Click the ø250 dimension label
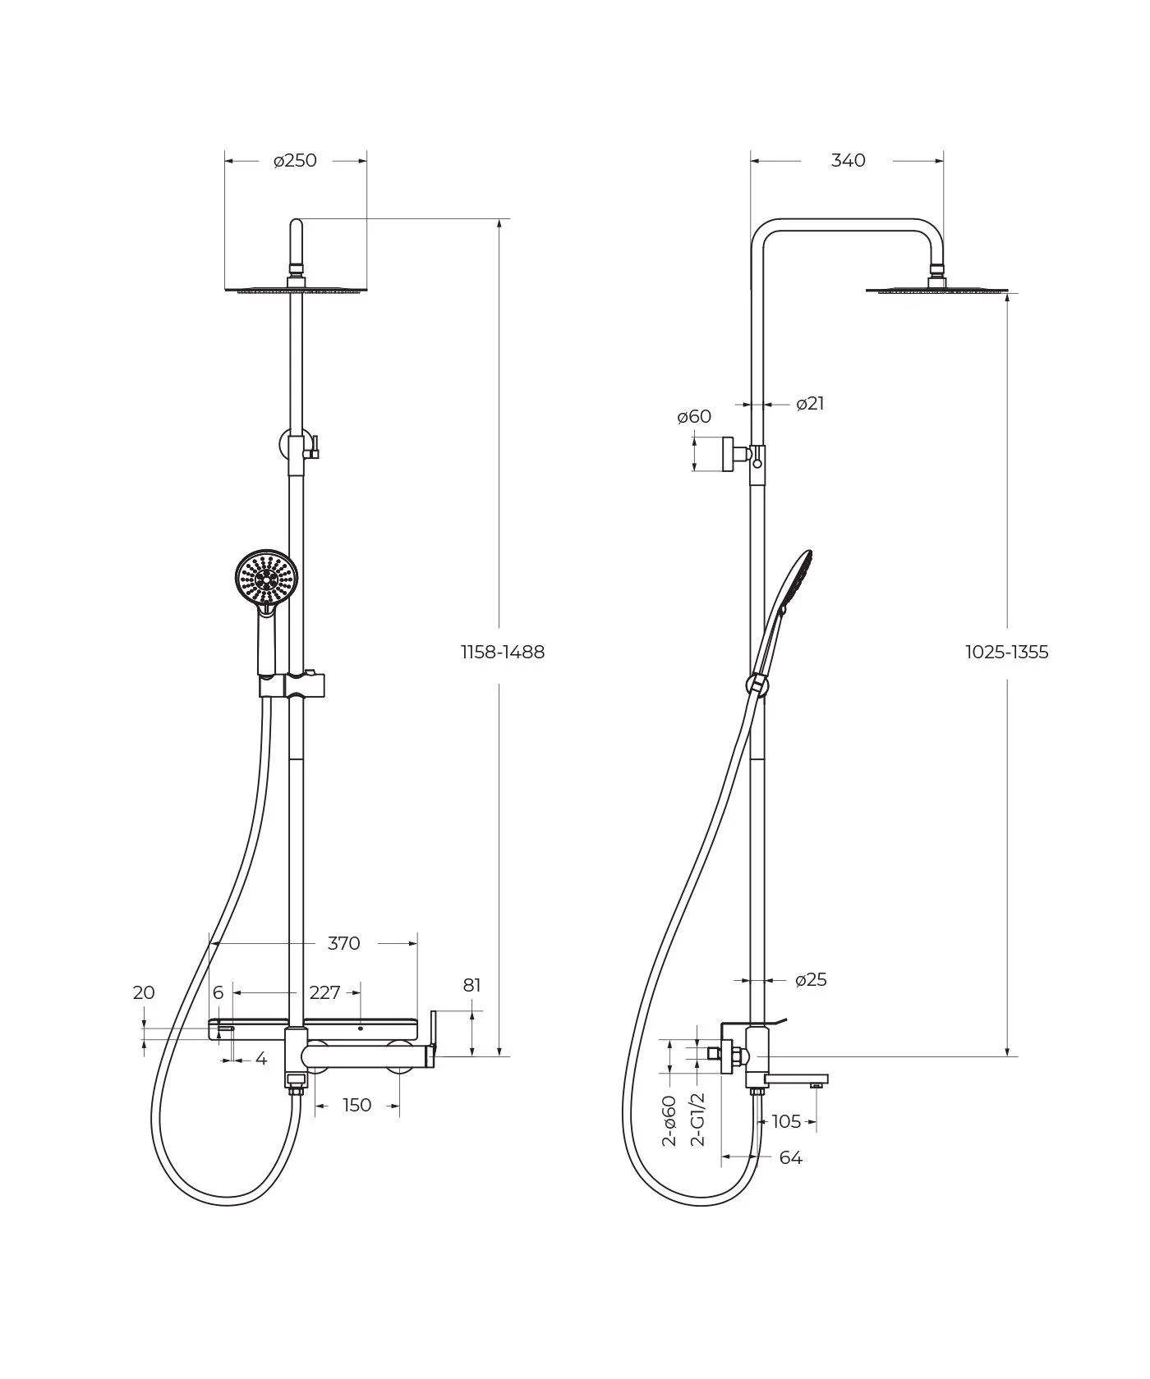[x=295, y=161]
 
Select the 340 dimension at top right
[x=848, y=161]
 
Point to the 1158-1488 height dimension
[x=503, y=652]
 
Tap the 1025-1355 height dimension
[x=1007, y=652]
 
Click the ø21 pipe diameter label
[x=810, y=404]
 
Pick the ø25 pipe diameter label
[x=812, y=979]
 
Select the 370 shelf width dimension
[x=343, y=944]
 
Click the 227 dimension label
[x=324, y=993]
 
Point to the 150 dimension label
[x=356, y=1106]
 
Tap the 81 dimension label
[x=471, y=985]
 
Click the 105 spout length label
[x=786, y=1122]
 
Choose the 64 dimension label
[x=790, y=1158]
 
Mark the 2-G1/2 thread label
[x=697, y=1119]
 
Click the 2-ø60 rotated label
[x=669, y=1120]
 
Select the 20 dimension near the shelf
[x=144, y=993]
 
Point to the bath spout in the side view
[x=796, y=1080]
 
